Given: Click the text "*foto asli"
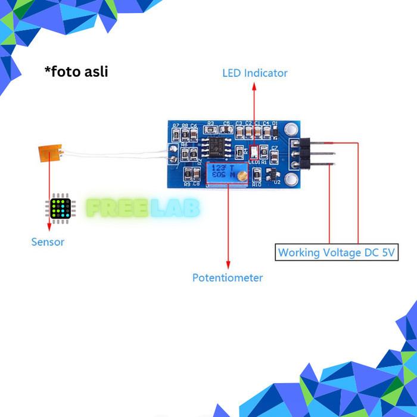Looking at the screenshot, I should pyautogui.click(x=76, y=71).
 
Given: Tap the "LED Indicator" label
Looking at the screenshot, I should pyautogui.click(x=254, y=73).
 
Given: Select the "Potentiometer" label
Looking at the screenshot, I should pyautogui.click(x=227, y=278).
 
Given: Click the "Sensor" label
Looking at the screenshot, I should pyautogui.click(x=48, y=242).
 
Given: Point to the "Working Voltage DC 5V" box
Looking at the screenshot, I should pyautogui.click(x=337, y=252).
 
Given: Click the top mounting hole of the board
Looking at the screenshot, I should pyautogui.click(x=291, y=129).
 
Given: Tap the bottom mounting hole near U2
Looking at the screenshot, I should pyautogui.click(x=291, y=180).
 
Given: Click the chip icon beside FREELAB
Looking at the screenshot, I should pyautogui.click(x=61, y=208).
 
